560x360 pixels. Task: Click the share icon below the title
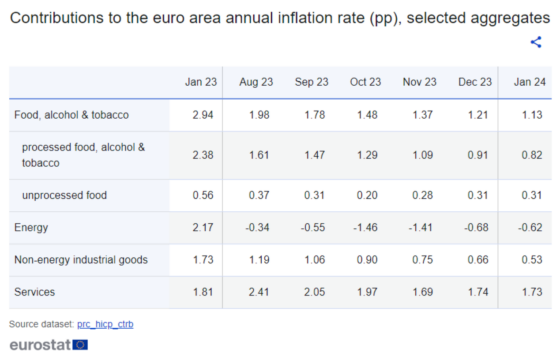click(x=536, y=42)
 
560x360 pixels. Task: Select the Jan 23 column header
click(x=201, y=82)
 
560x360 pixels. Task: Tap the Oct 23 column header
click(x=365, y=82)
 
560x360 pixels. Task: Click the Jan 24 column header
click(x=530, y=82)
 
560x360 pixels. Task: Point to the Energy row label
click(x=31, y=228)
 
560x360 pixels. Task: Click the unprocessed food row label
click(x=64, y=195)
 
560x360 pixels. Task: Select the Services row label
click(x=34, y=292)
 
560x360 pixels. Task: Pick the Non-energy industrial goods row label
click(x=81, y=260)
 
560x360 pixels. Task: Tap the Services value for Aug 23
click(x=259, y=292)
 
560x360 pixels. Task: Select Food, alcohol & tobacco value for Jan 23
click(x=203, y=115)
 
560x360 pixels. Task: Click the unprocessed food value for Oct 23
click(x=367, y=195)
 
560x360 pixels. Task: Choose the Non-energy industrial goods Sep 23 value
click(x=314, y=260)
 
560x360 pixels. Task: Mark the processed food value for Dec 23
click(x=478, y=155)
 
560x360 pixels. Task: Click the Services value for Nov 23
click(x=422, y=292)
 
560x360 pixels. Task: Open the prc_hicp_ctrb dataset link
click(x=105, y=324)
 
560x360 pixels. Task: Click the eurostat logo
click(x=40, y=345)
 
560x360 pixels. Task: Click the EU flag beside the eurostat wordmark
click(x=80, y=345)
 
